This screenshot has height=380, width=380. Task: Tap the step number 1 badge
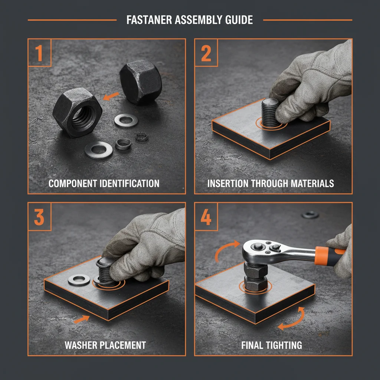[x=39, y=53]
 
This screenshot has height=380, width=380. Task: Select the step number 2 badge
[x=206, y=53]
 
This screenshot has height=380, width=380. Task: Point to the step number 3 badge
[x=39, y=217]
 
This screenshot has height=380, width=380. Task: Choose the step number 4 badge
[x=206, y=217]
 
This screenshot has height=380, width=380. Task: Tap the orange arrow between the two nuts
[x=111, y=96]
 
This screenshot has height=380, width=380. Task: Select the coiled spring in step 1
[x=123, y=144]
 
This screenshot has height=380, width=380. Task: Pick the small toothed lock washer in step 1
[x=141, y=137]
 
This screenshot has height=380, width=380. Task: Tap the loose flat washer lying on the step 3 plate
[x=79, y=280]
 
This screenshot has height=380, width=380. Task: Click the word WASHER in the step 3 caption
[x=80, y=345]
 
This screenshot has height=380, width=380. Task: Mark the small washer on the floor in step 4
[x=310, y=214]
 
